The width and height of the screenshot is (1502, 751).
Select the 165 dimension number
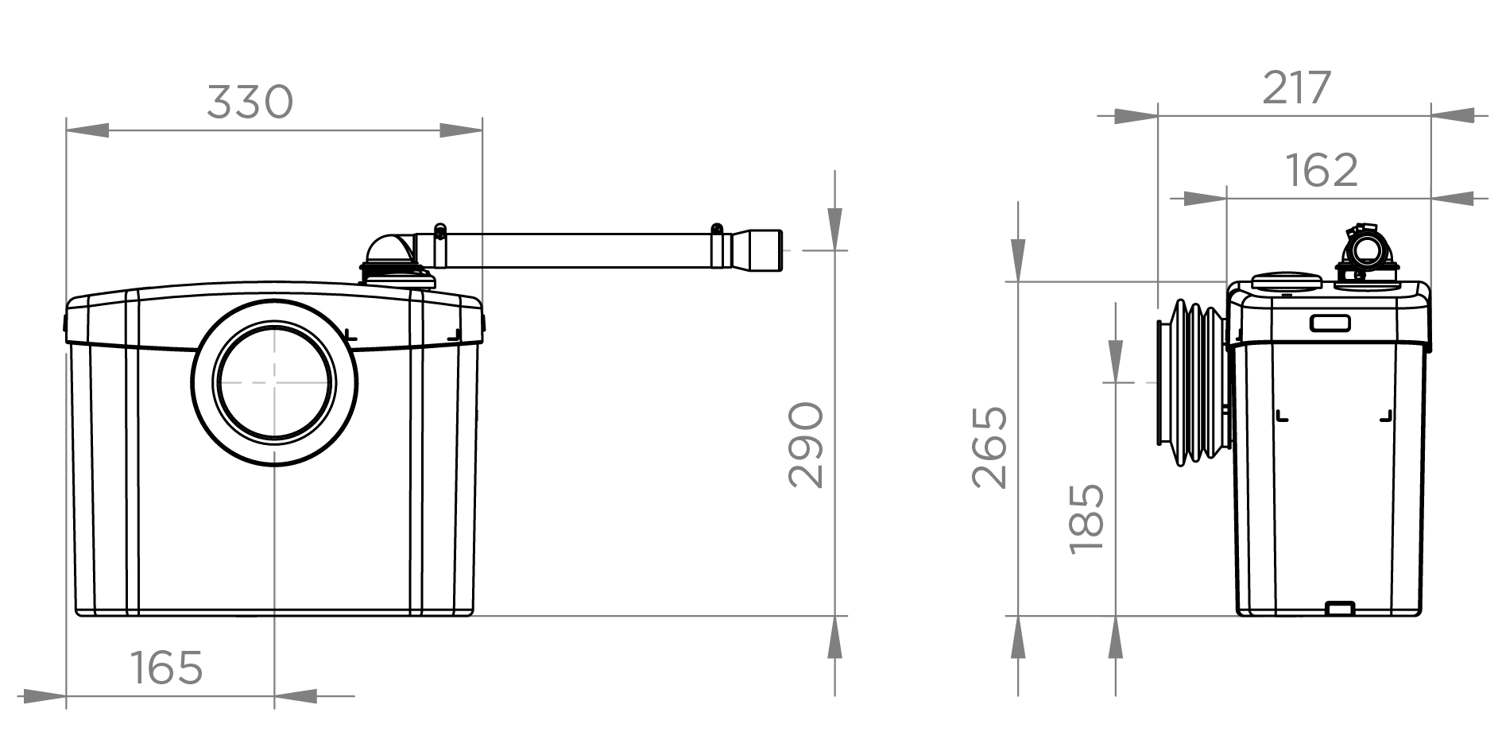[166, 668]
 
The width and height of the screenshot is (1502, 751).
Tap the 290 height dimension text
[806, 445]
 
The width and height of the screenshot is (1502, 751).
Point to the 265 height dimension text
[990, 447]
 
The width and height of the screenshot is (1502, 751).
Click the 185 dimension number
[1086, 519]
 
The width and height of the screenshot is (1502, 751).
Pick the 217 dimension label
[1296, 88]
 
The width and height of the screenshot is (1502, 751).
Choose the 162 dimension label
[1321, 170]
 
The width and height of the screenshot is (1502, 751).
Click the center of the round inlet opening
[274, 383]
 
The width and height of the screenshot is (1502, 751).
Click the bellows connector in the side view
[1192, 383]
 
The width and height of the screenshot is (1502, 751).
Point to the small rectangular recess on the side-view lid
[1330, 323]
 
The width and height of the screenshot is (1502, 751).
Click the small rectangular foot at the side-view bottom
[1340, 608]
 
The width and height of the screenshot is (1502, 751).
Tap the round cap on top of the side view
[1286, 281]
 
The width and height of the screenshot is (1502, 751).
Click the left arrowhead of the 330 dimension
[87, 130]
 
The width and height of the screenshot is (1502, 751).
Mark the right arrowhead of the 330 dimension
[461, 130]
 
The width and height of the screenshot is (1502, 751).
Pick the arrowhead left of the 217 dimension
[1136, 116]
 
